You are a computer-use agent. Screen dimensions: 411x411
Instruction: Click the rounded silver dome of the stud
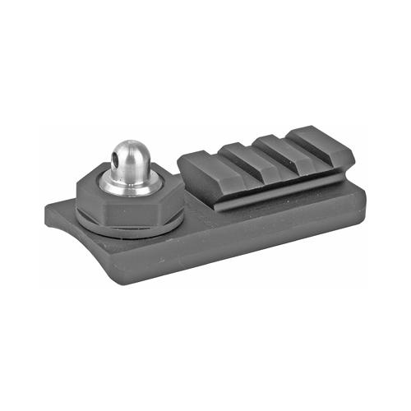129,152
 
